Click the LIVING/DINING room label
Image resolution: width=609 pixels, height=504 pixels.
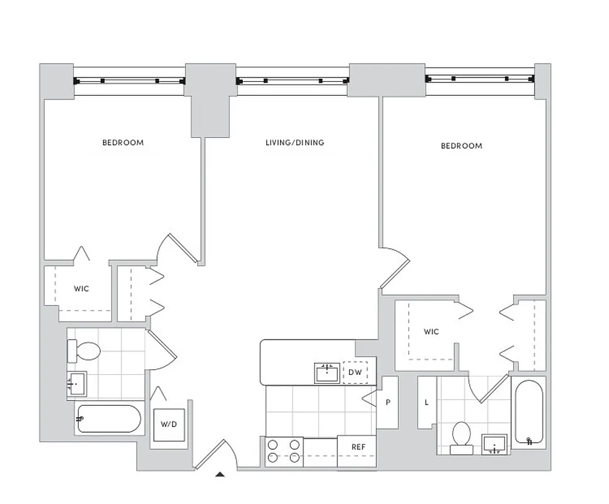click(294, 143)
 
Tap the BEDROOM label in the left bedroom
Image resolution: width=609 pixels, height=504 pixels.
click(123, 142)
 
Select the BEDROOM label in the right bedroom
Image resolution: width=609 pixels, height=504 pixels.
click(461, 146)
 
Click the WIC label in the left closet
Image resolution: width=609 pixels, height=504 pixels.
click(81, 289)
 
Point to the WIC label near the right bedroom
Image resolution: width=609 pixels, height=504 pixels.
click(431, 332)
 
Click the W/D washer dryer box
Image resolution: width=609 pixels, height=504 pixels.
click(169, 424)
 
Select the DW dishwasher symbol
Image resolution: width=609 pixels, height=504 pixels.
click(356, 372)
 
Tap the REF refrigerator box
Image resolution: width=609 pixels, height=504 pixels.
click(358, 447)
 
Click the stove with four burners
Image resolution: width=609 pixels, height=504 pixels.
click(284, 451)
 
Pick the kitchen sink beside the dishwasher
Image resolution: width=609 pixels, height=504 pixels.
click(327, 373)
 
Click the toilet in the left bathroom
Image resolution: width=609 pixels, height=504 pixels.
click(84, 351)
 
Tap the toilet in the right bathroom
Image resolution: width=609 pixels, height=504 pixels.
click(461, 436)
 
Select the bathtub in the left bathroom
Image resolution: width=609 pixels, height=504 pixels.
click(109, 419)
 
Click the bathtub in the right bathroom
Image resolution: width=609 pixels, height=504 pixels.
click(528, 413)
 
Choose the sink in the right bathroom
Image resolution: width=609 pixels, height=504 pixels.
click(495, 444)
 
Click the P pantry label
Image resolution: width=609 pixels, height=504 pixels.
click(389, 403)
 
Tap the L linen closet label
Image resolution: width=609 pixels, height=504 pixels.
click(427, 402)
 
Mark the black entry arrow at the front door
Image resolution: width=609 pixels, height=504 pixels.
click(220, 474)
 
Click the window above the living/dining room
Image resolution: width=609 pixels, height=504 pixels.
click(293, 81)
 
